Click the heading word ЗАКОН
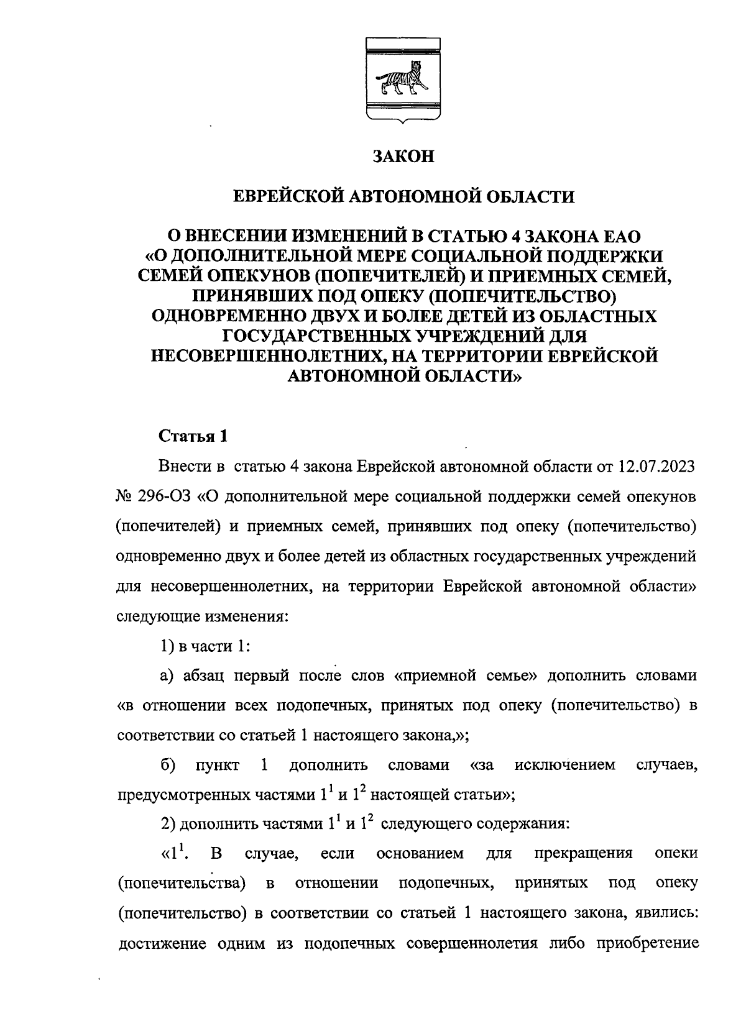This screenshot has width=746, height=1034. coord(402,157)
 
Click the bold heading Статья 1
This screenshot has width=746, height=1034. coord(193,436)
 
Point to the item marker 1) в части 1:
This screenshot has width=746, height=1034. coord(205,646)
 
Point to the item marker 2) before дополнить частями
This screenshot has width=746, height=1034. coord(168,825)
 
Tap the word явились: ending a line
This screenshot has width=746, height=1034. coord(666,913)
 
